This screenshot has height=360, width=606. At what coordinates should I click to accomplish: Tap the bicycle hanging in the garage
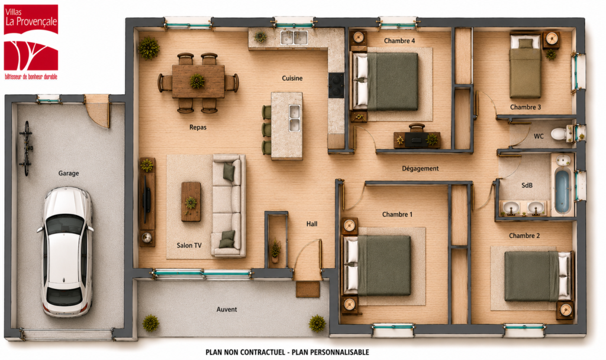click(26, 149)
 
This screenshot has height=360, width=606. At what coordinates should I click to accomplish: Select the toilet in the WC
click(561, 133)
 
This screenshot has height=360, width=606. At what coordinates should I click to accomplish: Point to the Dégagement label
click(420, 169)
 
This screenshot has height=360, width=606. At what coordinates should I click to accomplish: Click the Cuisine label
click(292, 78)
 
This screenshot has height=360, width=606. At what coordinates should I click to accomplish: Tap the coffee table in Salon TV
click(191, 201)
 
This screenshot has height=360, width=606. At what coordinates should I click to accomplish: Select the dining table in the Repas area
click(198, 81)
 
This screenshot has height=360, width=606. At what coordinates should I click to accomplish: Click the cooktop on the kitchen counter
click(336, 85)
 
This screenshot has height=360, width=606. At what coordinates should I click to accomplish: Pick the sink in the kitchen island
click(295, 118)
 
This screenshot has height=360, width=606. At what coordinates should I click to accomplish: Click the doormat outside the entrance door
click(308, 289)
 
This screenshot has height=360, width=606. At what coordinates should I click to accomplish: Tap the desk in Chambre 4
click(417, 140)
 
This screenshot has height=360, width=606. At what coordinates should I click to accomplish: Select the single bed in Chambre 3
click(525, 66)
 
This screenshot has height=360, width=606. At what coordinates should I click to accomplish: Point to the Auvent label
click(227, 309)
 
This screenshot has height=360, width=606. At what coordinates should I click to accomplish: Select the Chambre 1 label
click(397, 214)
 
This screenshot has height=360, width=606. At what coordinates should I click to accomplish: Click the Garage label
click(69, 173)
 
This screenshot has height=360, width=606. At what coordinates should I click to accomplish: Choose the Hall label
click(312, 223)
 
